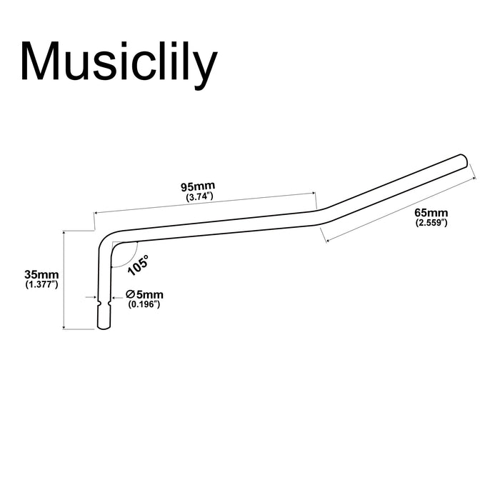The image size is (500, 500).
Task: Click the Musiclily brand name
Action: click(119, 64)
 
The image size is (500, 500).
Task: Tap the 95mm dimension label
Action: click(198, 186)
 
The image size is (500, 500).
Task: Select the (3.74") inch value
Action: click(199, 196)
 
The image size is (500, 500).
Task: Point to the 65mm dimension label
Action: click(431, 212)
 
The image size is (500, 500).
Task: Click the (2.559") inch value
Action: click(431, 223)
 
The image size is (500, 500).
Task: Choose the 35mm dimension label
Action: click(41, 274)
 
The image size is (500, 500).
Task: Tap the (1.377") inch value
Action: click(41, 284)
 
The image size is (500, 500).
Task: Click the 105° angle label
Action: click(139, 265)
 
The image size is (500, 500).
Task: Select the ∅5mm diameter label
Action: click(144, 294)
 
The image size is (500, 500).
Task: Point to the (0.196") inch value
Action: click(144, 304)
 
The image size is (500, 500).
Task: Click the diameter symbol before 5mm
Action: click(130, 294)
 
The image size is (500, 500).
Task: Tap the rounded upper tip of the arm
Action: click(464, 161)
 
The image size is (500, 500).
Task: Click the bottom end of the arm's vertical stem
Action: click(104, 327)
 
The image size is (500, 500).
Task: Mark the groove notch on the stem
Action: click(104, 302)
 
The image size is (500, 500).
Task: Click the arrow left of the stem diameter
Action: click(91, 297)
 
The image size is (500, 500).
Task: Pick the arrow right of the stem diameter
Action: click(117, 298)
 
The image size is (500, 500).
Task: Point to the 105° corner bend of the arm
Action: click(107, 241)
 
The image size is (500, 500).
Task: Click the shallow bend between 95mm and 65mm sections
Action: click(321, 216)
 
